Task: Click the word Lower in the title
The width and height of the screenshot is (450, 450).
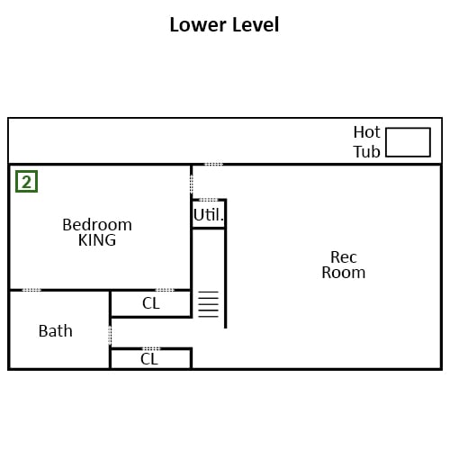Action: click(198, 24)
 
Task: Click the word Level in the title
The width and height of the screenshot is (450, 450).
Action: click(256, 24)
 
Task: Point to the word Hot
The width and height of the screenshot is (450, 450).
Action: click(366, 132)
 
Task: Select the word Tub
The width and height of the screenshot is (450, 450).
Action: click(366, 152)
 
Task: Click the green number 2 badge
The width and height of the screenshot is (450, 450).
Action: click(27, 182)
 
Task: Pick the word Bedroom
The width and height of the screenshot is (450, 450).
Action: click(97, 225)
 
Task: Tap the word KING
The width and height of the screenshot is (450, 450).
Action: click(97, 240)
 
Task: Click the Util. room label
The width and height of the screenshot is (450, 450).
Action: click(209, 215)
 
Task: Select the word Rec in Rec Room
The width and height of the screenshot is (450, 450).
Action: click(344, 257)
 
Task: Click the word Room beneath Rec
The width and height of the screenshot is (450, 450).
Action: click(344, 273)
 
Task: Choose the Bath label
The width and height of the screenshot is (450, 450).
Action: click(56, 331)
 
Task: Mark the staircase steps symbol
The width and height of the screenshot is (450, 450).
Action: click(209, 304)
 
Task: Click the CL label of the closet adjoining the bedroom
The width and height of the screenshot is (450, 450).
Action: click(151, 303)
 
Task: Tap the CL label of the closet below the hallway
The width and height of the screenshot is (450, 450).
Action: click(149, 359)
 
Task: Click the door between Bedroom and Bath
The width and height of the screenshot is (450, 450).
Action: click(31, 290)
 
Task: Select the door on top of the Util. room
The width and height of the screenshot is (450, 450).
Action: click(209, 200)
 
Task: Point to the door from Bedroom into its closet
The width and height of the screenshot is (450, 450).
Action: click(165, 290)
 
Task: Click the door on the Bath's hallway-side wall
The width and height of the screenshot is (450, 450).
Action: click(110, 335)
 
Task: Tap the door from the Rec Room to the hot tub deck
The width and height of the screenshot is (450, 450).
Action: click(213, 165)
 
